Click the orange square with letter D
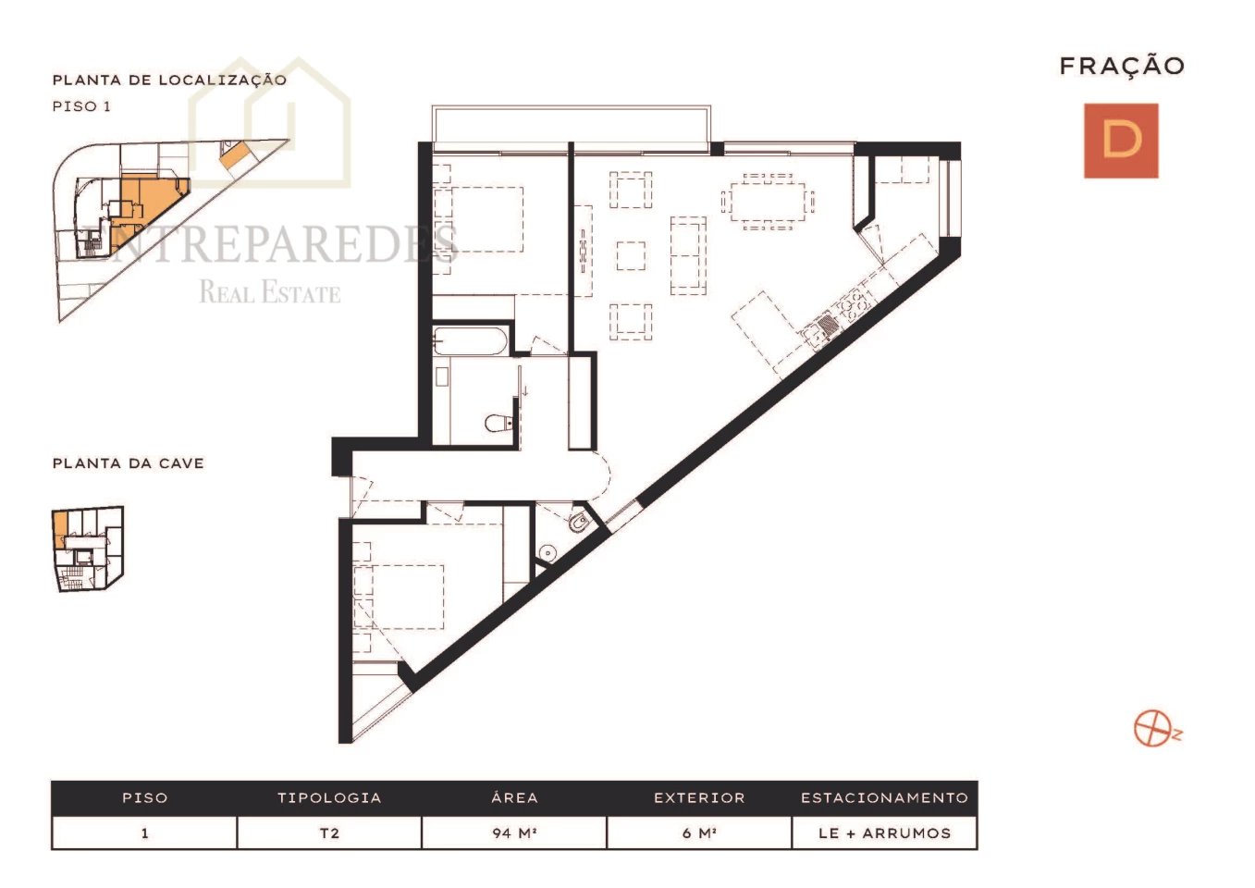[x=1121, y=141]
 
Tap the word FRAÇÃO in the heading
[x=1122, y=66]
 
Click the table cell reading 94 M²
[x=514, y=833]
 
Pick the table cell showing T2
[x=329, y=833]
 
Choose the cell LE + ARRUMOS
[x=885, y=833]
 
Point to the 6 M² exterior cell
[x=699, y=833]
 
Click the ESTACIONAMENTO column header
[x=885, y=797]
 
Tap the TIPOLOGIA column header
[x=329, y=797]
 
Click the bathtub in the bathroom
[x=471, y=340]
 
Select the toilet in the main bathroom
[x=499, y=423]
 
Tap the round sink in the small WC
[x=548, y=553]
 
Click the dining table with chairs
[x=768, y=201]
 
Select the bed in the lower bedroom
[x=399, y=597]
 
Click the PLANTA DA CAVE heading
[x=129, y=463]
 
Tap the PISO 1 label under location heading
[x=81, y=106]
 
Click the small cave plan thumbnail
[x=88, y=549]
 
